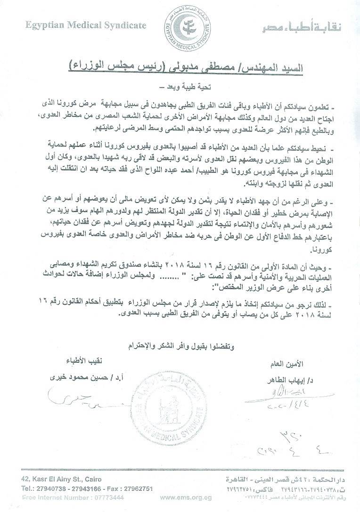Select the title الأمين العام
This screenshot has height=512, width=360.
coord(285,364)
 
